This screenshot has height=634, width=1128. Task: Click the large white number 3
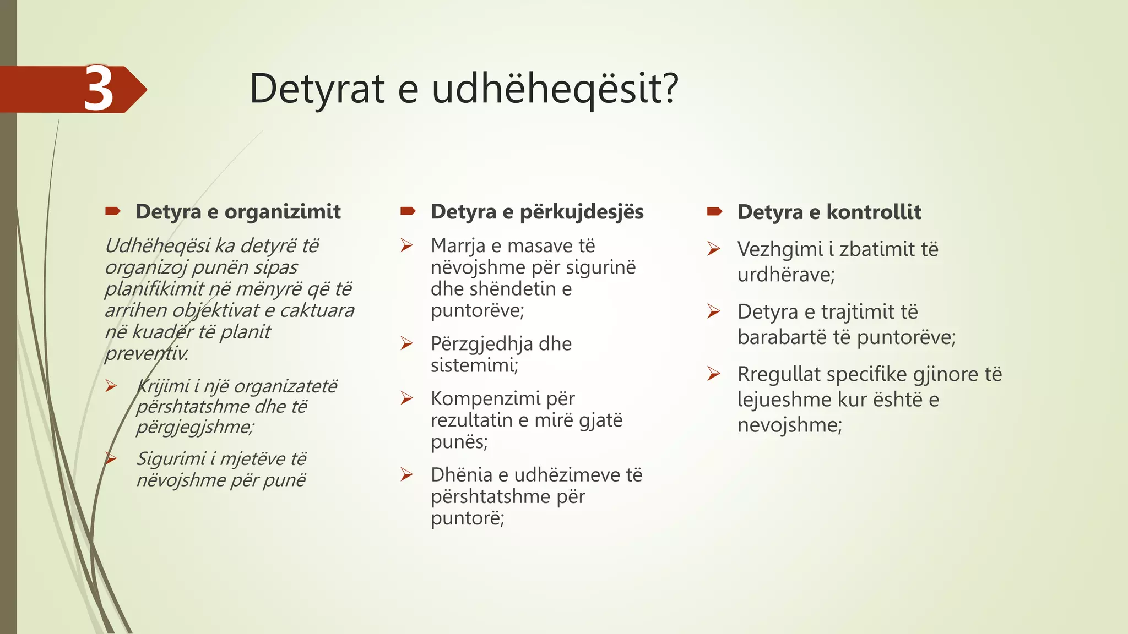click(x=99, y=89)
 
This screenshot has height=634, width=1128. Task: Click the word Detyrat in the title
click(x=317, y=89)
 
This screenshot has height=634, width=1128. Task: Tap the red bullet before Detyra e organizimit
click(x=113, y=211)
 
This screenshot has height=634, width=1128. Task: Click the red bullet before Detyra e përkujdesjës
click(x=408, y=211)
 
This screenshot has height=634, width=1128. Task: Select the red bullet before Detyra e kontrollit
click(x=714, y=211)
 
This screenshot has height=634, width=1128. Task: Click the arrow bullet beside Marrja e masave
click(x=407, y=245)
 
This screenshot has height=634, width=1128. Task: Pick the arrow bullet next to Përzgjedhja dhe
click(x=407, y=344)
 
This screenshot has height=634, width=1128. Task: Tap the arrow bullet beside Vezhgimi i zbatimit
click(x=714, y=249)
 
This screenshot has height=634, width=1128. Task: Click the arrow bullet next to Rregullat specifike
click(x=714, y=374)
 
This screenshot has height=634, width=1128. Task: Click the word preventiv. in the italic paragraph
click(x=147, y=353)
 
